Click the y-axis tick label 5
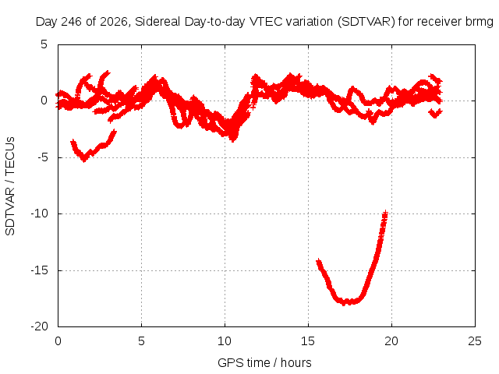point(44,44)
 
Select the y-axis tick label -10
point(40,213)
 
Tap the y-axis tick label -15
point(40,270)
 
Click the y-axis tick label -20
point(40,326)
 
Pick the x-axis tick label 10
point(225,341)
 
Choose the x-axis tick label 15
point(308,341)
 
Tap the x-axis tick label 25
point(475,341)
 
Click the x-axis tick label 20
point(391,341)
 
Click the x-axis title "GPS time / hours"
point(264,362)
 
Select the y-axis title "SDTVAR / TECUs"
point(10,186)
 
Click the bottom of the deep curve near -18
point(345,304)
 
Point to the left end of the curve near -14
point(318,262)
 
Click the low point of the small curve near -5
point(84,160)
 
